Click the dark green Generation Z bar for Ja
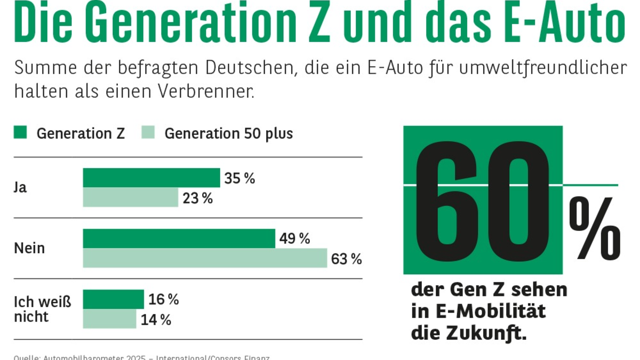[151, 178]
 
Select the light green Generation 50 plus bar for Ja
[131, 197]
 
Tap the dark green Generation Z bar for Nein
[179, 238]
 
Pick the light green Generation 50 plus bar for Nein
[205, 258]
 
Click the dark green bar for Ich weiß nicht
[114, 299]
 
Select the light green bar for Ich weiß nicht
[110, 319]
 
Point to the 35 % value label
[239, 179]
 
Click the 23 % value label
[197, 198]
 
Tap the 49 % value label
[294, 239]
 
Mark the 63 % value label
[346, 259]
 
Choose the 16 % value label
[163, 300]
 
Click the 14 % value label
[156, 320]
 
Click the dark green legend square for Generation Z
[20, 132]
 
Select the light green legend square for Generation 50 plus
[148, 132]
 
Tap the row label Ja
[20, 188]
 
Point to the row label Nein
[29, 249]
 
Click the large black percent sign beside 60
[595, 228]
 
